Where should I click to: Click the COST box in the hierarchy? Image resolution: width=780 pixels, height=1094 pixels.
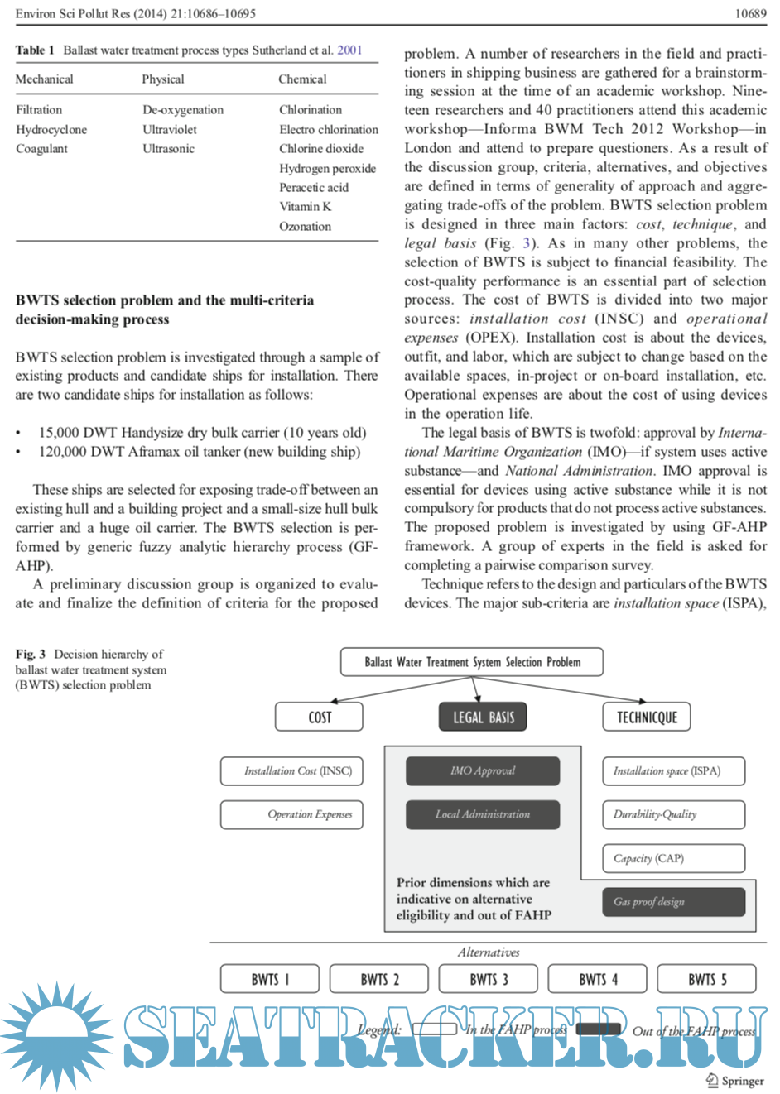point(319,717)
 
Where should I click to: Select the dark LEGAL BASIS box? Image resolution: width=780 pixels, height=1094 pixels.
point(483,717)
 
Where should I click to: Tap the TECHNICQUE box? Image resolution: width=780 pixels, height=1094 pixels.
point(647,717)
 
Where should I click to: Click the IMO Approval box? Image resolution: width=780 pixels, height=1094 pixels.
point(483,770)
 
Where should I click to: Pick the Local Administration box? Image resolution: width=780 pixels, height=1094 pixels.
point(483,814)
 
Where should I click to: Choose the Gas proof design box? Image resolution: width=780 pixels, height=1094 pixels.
point(673,901)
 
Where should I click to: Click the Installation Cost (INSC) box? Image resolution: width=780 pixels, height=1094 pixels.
point(291,770)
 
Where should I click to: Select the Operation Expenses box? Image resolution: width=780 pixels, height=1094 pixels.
point(291,814)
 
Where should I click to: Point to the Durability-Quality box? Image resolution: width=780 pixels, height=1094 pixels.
point(673,814)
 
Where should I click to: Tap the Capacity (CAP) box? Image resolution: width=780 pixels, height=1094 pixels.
point(673,858)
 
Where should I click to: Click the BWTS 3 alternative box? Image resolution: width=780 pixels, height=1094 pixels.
point(489,979)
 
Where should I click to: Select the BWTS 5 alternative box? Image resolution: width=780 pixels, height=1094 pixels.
point(707,979)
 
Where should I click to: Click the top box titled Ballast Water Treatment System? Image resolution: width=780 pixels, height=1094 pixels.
point(472,662)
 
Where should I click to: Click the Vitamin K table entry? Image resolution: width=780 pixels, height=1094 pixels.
point(305,207)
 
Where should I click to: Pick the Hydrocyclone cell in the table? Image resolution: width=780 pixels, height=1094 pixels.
point(51,130)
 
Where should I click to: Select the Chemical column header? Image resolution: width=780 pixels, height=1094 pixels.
point(302,79)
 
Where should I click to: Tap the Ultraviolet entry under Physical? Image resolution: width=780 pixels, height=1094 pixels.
point(170,130)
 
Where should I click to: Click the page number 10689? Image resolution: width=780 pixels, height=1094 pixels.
point(750,13)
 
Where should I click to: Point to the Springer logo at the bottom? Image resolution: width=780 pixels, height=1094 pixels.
point(735,1080)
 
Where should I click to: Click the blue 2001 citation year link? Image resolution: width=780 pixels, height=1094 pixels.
point(349,50)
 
